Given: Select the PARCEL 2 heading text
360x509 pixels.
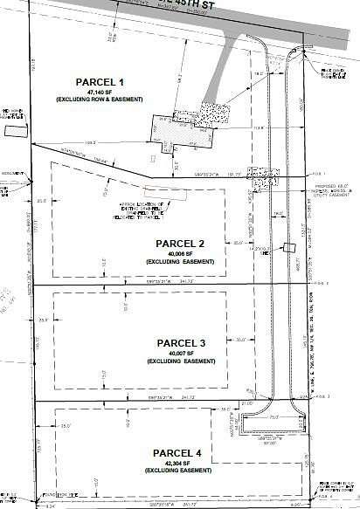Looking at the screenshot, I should click(181, 243).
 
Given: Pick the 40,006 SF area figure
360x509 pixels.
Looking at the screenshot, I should click(180, 253).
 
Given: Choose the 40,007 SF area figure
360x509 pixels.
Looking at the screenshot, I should click(180, 353).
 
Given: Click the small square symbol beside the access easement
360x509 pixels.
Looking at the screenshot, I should click(285, 247).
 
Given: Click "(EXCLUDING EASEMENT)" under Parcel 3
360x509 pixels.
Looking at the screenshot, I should click(180, 361).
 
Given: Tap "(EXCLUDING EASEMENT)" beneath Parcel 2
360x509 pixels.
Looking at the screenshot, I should click(180, 261).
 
